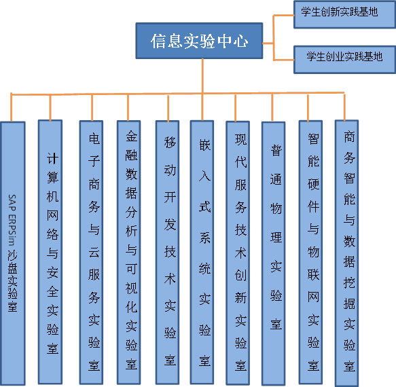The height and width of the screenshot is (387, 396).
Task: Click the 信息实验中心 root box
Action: pos(199,41)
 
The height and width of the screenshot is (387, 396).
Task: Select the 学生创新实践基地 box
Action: pos(345,14)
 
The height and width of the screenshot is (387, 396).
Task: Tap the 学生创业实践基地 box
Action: pos(345,60)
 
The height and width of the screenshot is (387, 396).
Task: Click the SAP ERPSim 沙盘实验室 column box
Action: pos(13,253)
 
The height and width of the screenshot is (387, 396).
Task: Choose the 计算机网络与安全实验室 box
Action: pos(50,252)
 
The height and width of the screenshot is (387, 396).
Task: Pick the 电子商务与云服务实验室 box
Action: pos(91,253)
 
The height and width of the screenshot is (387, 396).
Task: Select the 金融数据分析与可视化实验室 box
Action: pos(129,253)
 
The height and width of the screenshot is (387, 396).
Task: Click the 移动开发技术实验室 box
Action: pos(168,253)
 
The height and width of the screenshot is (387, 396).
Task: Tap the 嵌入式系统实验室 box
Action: pos(202,252)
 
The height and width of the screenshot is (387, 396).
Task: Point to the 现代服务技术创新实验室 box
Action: pos(238,253)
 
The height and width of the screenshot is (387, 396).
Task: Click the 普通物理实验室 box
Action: pos(274,253)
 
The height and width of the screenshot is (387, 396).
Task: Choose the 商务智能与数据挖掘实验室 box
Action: pos(346,253)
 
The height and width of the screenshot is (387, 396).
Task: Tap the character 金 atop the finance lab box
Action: pos(132,136)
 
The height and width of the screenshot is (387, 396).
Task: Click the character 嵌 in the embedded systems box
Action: pos(205,145)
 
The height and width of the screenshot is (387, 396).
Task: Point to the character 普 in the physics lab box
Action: pos(276,151)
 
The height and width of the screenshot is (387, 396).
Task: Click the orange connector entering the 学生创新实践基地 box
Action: pos(284,16)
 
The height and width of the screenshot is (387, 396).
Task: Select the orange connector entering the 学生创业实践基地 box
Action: pos(284,60)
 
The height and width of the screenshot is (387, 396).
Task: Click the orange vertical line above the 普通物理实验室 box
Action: pos(272,107)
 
